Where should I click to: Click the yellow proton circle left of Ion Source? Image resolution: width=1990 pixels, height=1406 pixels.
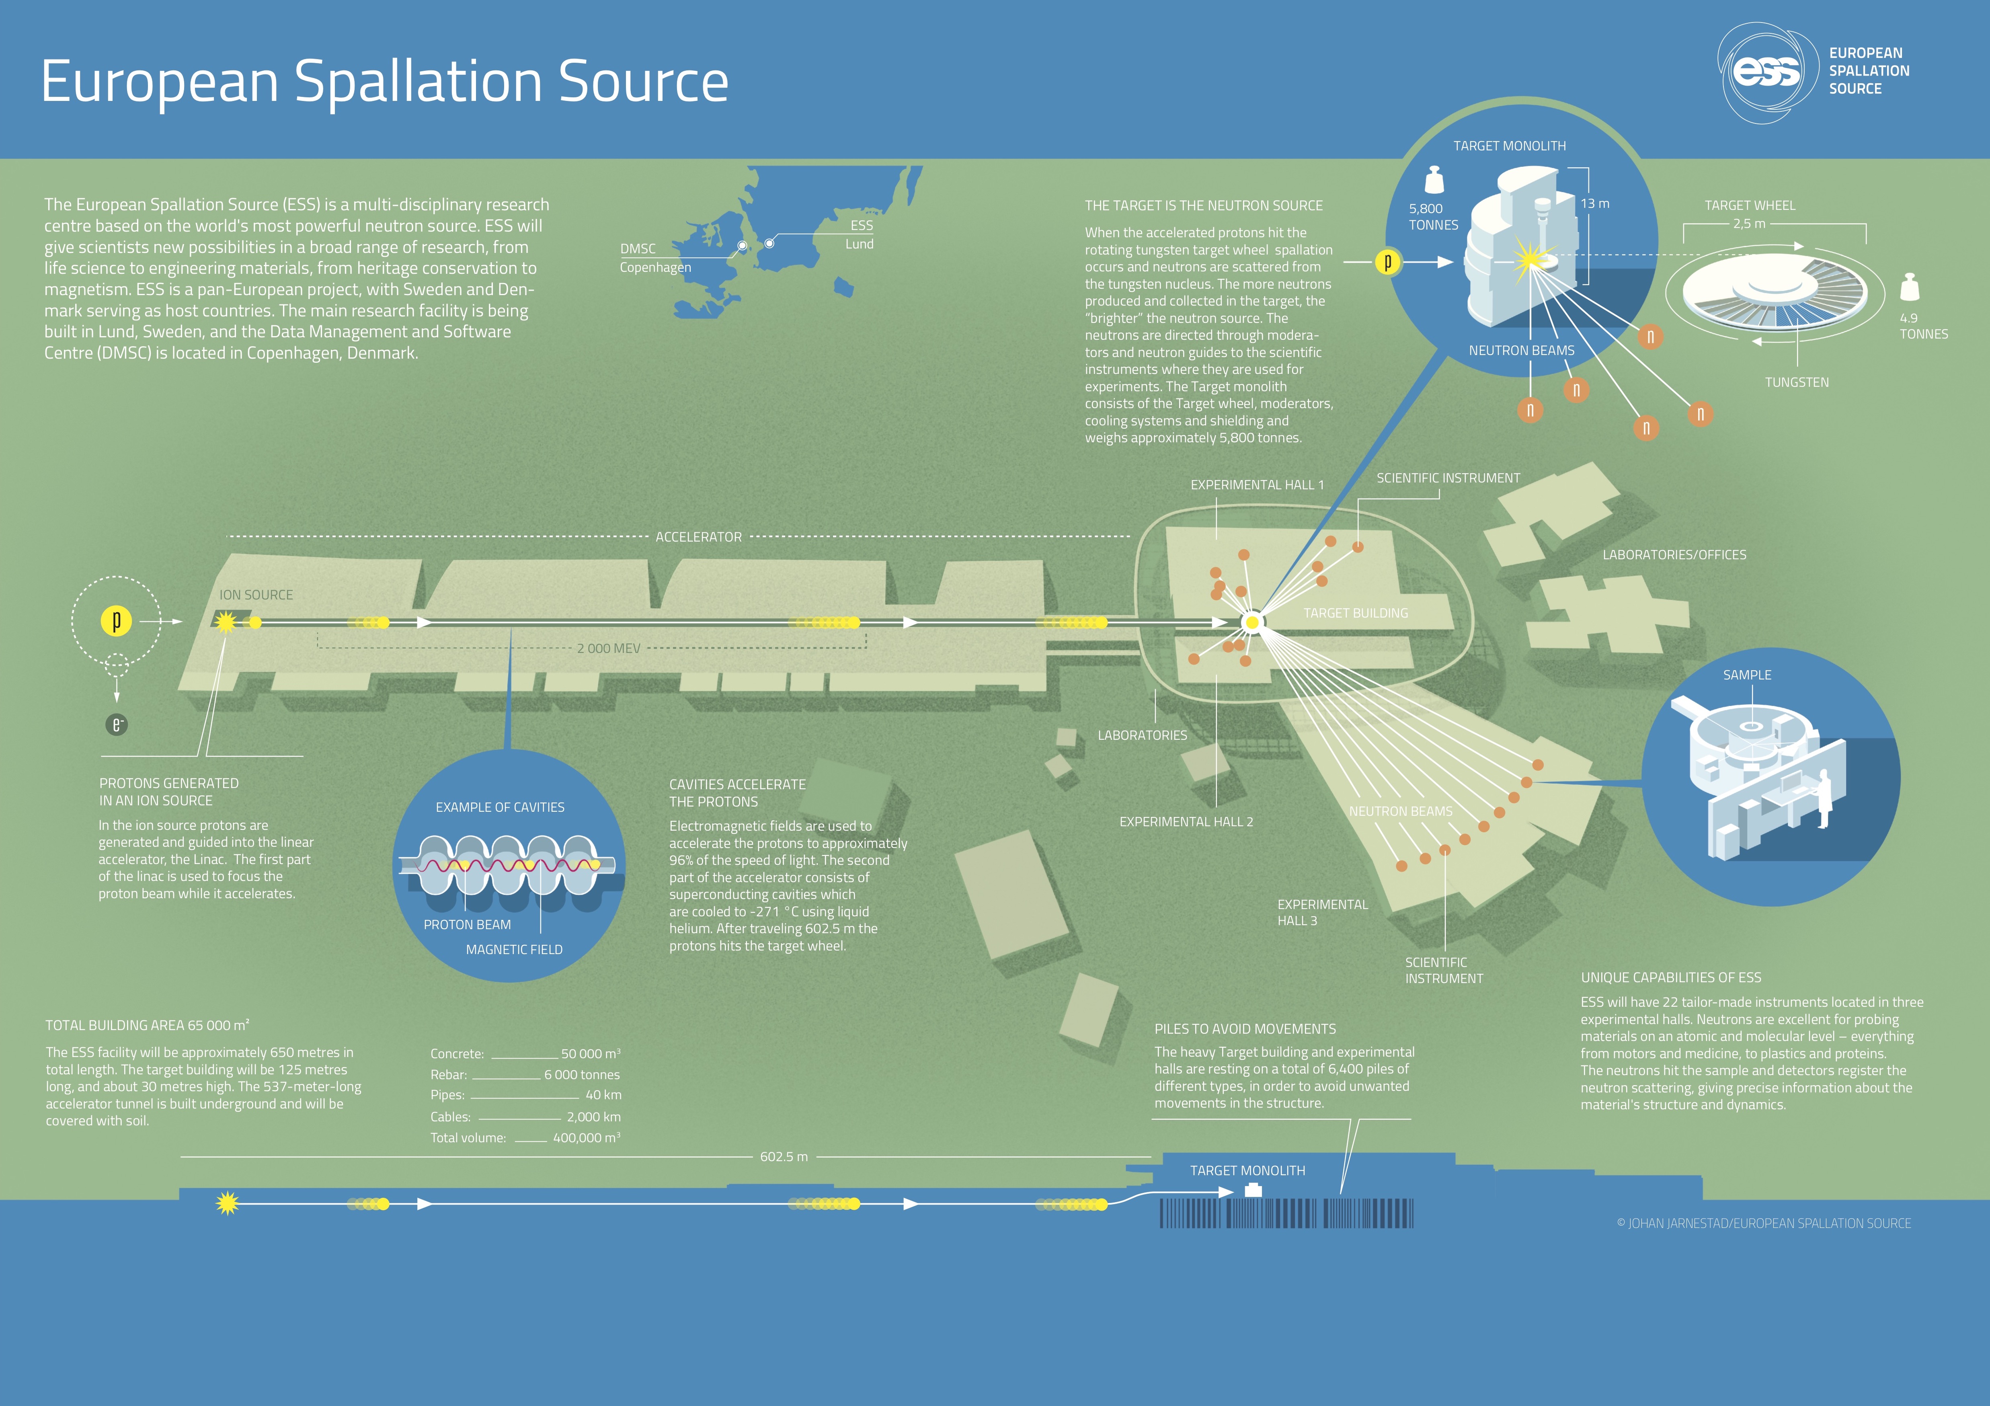click(116, 621)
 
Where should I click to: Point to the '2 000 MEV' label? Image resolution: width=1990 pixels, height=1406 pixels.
click(608, 649)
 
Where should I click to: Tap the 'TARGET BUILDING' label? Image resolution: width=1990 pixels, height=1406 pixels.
click(1356, 613)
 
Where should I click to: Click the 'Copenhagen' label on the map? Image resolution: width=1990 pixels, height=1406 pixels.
click(655, 267)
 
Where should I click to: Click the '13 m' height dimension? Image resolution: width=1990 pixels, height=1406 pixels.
click(1595, 204)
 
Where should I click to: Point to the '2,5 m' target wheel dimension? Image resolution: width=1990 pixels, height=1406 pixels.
click(1749, 224)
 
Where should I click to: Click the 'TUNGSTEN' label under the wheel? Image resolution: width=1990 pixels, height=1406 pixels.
click(1797, 382)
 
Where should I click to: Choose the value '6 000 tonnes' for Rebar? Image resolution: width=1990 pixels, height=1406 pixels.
click(582, 1075)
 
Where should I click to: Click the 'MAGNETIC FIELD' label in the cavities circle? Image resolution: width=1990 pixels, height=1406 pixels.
click(514, 950)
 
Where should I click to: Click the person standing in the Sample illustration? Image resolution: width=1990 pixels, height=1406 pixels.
click(1824, 798)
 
